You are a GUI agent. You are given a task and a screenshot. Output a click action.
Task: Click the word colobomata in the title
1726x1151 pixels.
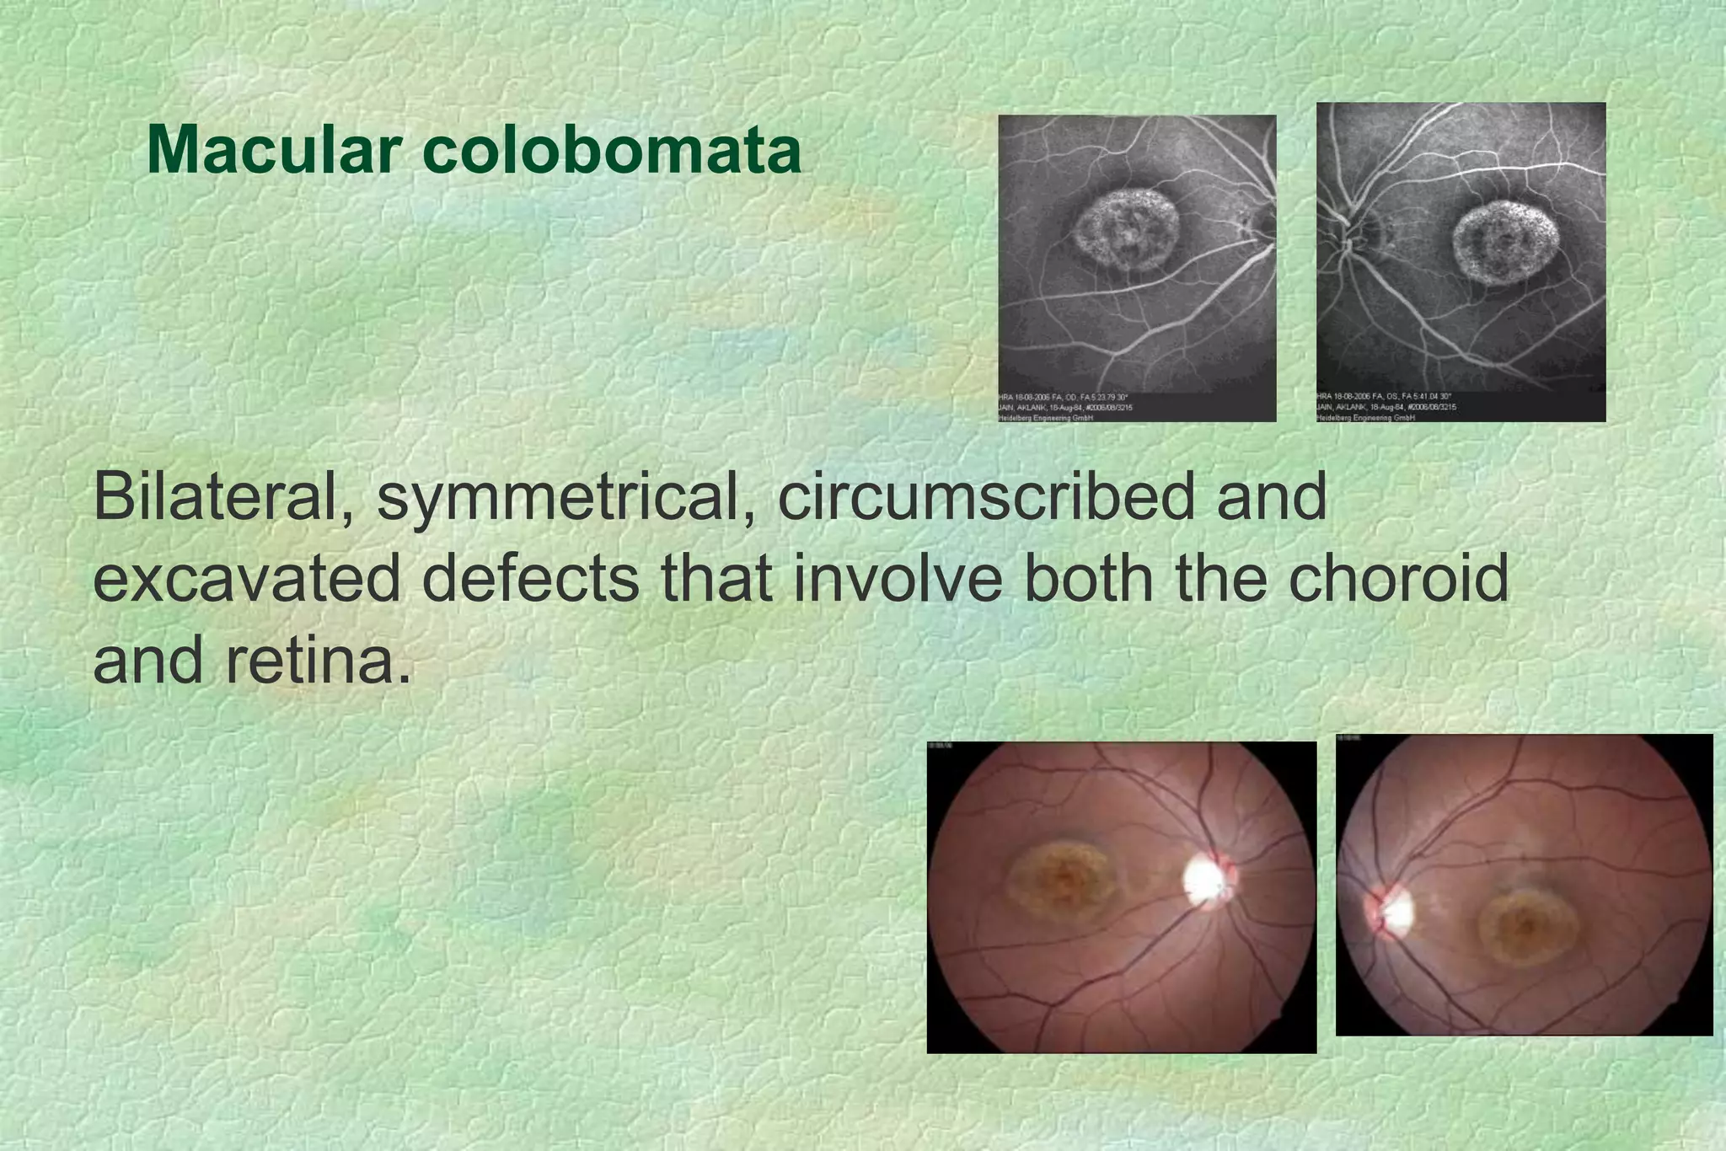(x=612, y=150)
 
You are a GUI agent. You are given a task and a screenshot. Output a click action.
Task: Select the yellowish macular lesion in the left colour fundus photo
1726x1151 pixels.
(x=1062, y=885)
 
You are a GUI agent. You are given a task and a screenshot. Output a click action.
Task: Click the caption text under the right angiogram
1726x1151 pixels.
(x=1386, y=407)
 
